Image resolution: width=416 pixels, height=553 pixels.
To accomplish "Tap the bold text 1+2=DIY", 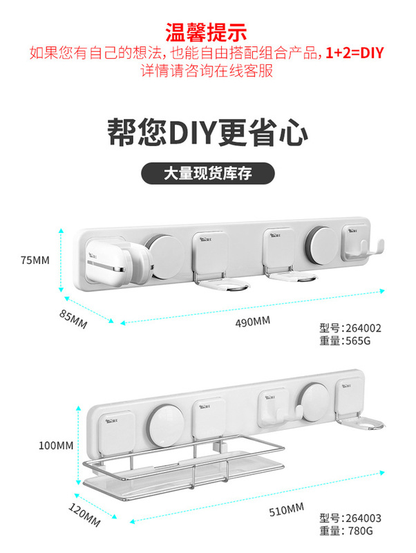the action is point(358,53).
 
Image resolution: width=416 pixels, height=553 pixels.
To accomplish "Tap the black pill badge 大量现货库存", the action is point(207,174).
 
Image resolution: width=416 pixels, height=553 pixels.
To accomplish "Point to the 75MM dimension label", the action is point(36,261).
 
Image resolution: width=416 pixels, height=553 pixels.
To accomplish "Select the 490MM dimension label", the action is point(254,321).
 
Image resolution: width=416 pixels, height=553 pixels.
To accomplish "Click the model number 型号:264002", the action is point(350,329).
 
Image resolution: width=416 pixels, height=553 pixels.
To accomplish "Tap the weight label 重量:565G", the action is point(345,342).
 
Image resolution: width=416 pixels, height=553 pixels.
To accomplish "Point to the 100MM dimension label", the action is point(55,445).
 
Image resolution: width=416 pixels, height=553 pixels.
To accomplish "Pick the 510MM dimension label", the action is point(287,511).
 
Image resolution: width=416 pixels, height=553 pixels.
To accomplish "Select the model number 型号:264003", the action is point(350,518).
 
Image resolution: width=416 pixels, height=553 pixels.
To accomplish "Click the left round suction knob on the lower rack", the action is point(167,423).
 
